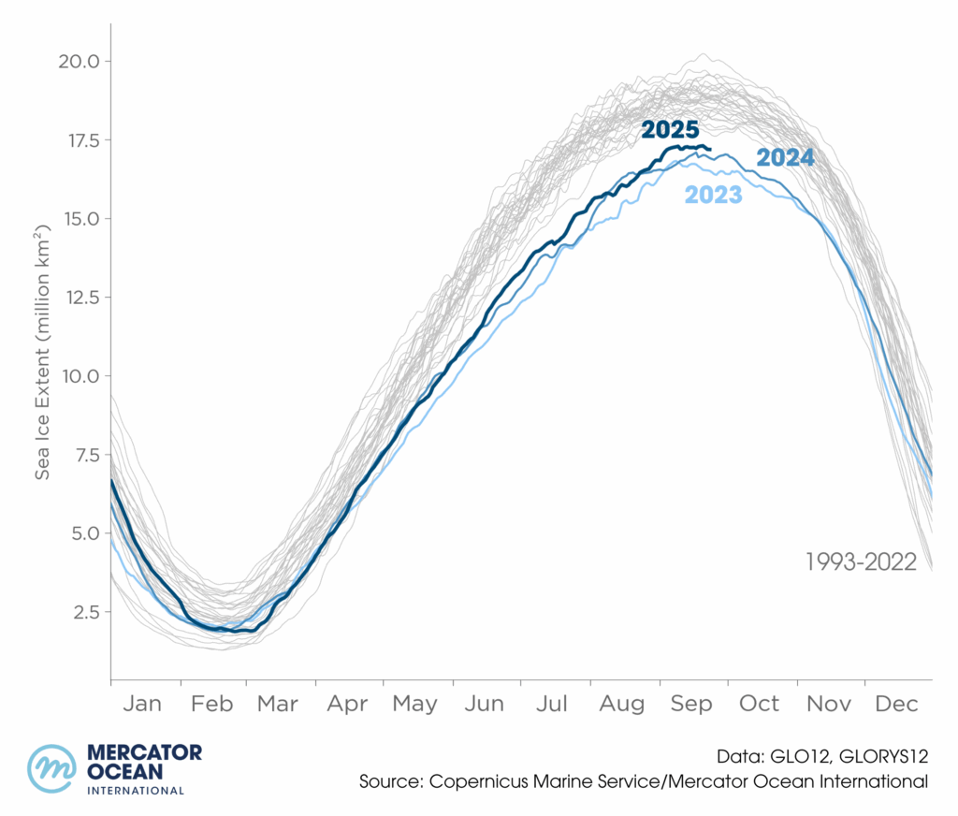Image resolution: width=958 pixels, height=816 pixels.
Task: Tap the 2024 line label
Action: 785,157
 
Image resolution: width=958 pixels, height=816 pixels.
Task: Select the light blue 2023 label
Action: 713,195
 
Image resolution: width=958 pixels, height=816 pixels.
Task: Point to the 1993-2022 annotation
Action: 861,562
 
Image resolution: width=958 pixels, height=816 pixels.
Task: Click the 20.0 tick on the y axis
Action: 80,62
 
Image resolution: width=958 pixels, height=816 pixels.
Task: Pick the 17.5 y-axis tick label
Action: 80,140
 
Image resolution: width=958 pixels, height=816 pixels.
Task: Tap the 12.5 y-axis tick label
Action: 80,298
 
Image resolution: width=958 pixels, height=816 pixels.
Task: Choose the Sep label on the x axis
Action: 693,704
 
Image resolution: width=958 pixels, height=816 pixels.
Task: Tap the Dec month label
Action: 897,704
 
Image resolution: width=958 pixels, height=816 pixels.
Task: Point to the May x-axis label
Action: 414,704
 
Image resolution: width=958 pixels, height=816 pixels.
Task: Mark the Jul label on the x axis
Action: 553,704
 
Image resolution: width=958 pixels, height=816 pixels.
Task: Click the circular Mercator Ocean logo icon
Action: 52,769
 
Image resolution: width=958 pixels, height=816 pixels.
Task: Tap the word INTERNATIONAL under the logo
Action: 135,791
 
